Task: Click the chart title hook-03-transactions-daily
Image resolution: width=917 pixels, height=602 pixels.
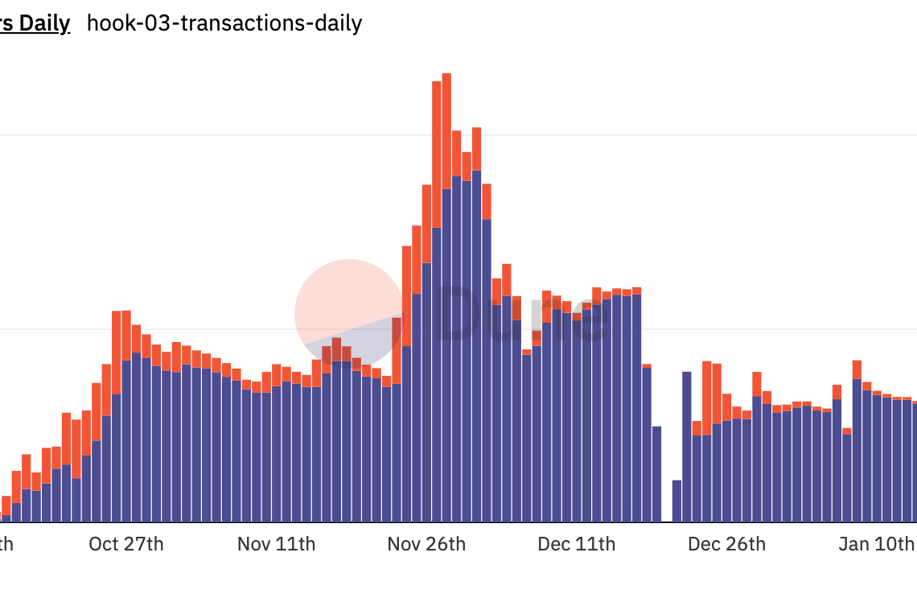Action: [x=224, y=23]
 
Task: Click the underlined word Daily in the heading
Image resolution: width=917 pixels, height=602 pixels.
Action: [x=44, y=23]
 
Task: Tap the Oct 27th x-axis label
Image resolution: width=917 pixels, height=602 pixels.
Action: [x=126, y=544]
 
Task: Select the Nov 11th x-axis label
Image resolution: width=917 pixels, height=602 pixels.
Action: [x=276, y=544]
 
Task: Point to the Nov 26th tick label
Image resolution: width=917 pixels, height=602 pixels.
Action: [x=426, y=544]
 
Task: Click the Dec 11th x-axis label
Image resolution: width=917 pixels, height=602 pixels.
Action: [x=577, y=544]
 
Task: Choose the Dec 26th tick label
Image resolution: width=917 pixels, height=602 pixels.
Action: [x=726, y=544]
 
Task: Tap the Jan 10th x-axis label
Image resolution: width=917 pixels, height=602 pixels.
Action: [x=875, y=544]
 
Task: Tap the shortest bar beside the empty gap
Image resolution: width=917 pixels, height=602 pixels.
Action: [x=676, y=501]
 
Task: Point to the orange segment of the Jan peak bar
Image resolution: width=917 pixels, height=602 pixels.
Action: [x=857, y=369]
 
